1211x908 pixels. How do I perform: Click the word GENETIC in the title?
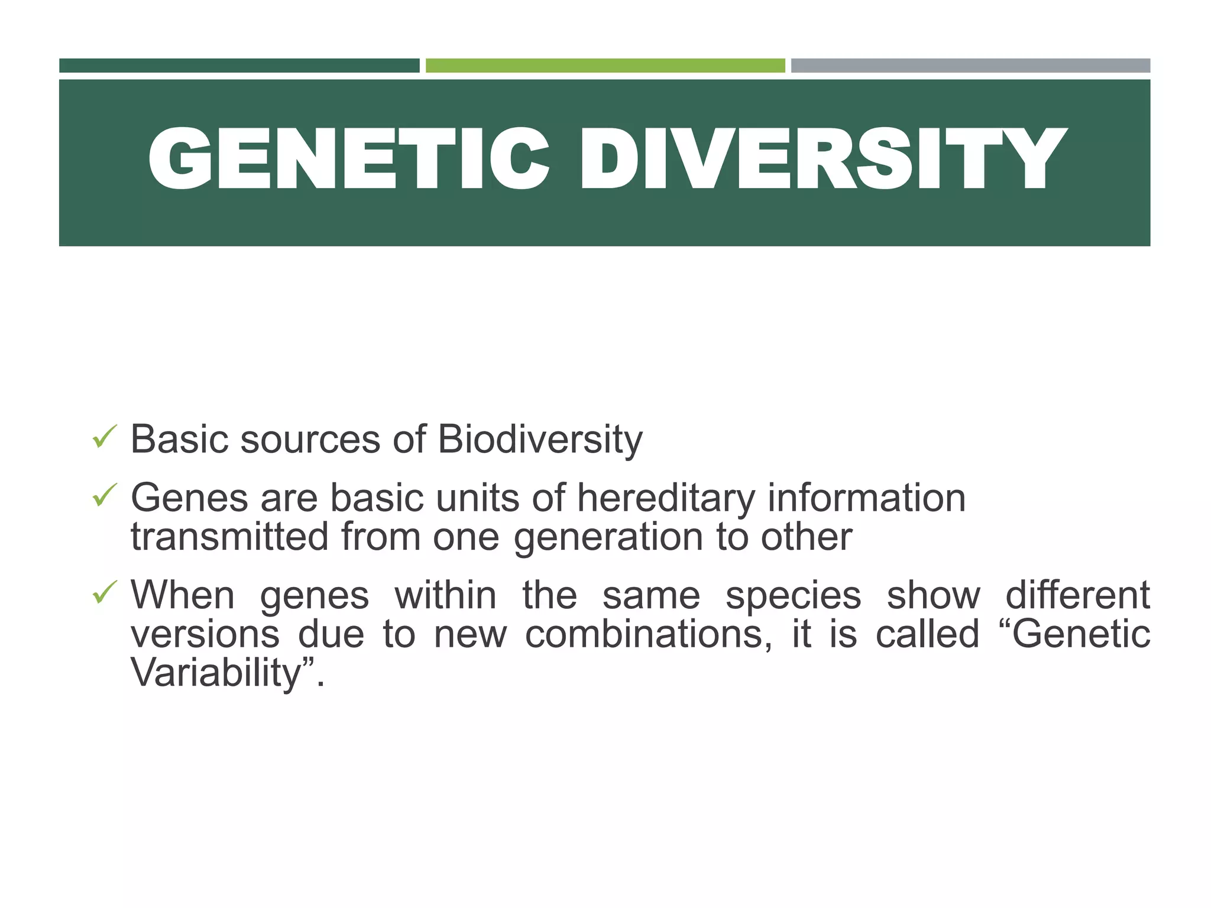click(x=349, y=160)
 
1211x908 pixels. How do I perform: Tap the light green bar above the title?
click(x=605, y=66)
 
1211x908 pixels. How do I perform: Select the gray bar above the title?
click(x=970, y=66)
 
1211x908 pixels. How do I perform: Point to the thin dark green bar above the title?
click(x=239, y=66)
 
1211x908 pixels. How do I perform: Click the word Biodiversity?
click(x=540, y=440)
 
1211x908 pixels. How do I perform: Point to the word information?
click(x=867, y=498)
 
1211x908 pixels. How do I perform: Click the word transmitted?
click(x=229, y=537)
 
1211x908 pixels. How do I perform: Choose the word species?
click(x=793, y=596)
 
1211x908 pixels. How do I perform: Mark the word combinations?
click(x=648, y=634)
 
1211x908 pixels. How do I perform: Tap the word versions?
click(x=205, y=634)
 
